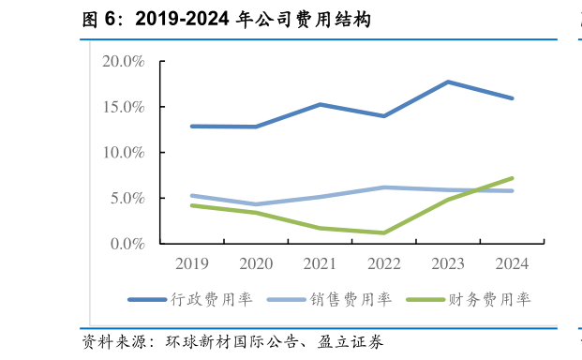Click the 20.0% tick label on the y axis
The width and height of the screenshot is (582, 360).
coord(123,62)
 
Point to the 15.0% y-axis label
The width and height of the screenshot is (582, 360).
coord(123,107)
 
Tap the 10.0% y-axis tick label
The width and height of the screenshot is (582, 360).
coord(123,152)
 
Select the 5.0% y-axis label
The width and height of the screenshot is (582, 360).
coord(127,198)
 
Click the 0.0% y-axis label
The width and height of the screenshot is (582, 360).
coord(127,243)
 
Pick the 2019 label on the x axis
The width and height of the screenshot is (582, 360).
coord(192,263)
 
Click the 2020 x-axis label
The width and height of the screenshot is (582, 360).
coord(256,263)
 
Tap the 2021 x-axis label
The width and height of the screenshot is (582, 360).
coord(321,263)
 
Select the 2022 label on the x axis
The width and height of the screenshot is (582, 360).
coord(384,263)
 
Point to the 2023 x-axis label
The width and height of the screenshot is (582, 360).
coord(448,263)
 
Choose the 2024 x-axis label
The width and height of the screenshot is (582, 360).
coord(512,263)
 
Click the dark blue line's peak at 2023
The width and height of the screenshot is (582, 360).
coord(448,82)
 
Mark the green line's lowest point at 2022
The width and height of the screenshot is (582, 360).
coord(384,232)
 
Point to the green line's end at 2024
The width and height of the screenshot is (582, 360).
coord(512,178)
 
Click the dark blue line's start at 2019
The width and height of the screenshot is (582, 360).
coord(192,126)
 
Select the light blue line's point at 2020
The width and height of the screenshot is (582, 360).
coord(256,203)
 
